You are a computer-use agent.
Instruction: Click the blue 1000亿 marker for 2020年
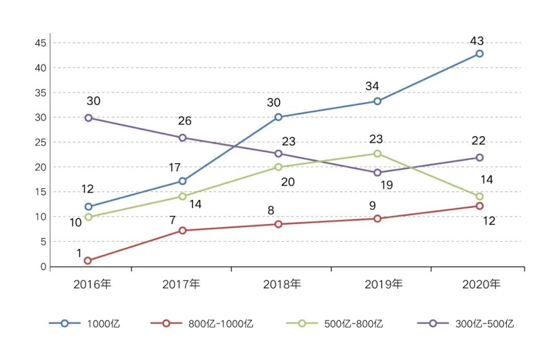[x=479, y=53]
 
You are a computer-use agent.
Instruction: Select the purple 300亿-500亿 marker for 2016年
[x=88, y=118]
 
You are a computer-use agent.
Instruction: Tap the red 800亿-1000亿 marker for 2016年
[x=88, y=261]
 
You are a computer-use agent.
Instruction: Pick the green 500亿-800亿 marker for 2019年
[x=378, y=153]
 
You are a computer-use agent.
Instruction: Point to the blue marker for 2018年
[x=278, y=117]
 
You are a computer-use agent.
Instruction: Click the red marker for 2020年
[x=479, y=206]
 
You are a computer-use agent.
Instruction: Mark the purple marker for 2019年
[x=378, y=172]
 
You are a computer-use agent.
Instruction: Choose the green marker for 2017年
[x=182, y=196]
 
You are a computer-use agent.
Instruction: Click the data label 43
[x=477, y=41]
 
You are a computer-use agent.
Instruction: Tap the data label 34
[x=372, y=86]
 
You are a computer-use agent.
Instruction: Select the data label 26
[x=185, y=121]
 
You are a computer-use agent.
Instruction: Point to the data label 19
[x=386, y=185]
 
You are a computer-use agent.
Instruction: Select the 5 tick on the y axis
[x=44, y=242]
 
